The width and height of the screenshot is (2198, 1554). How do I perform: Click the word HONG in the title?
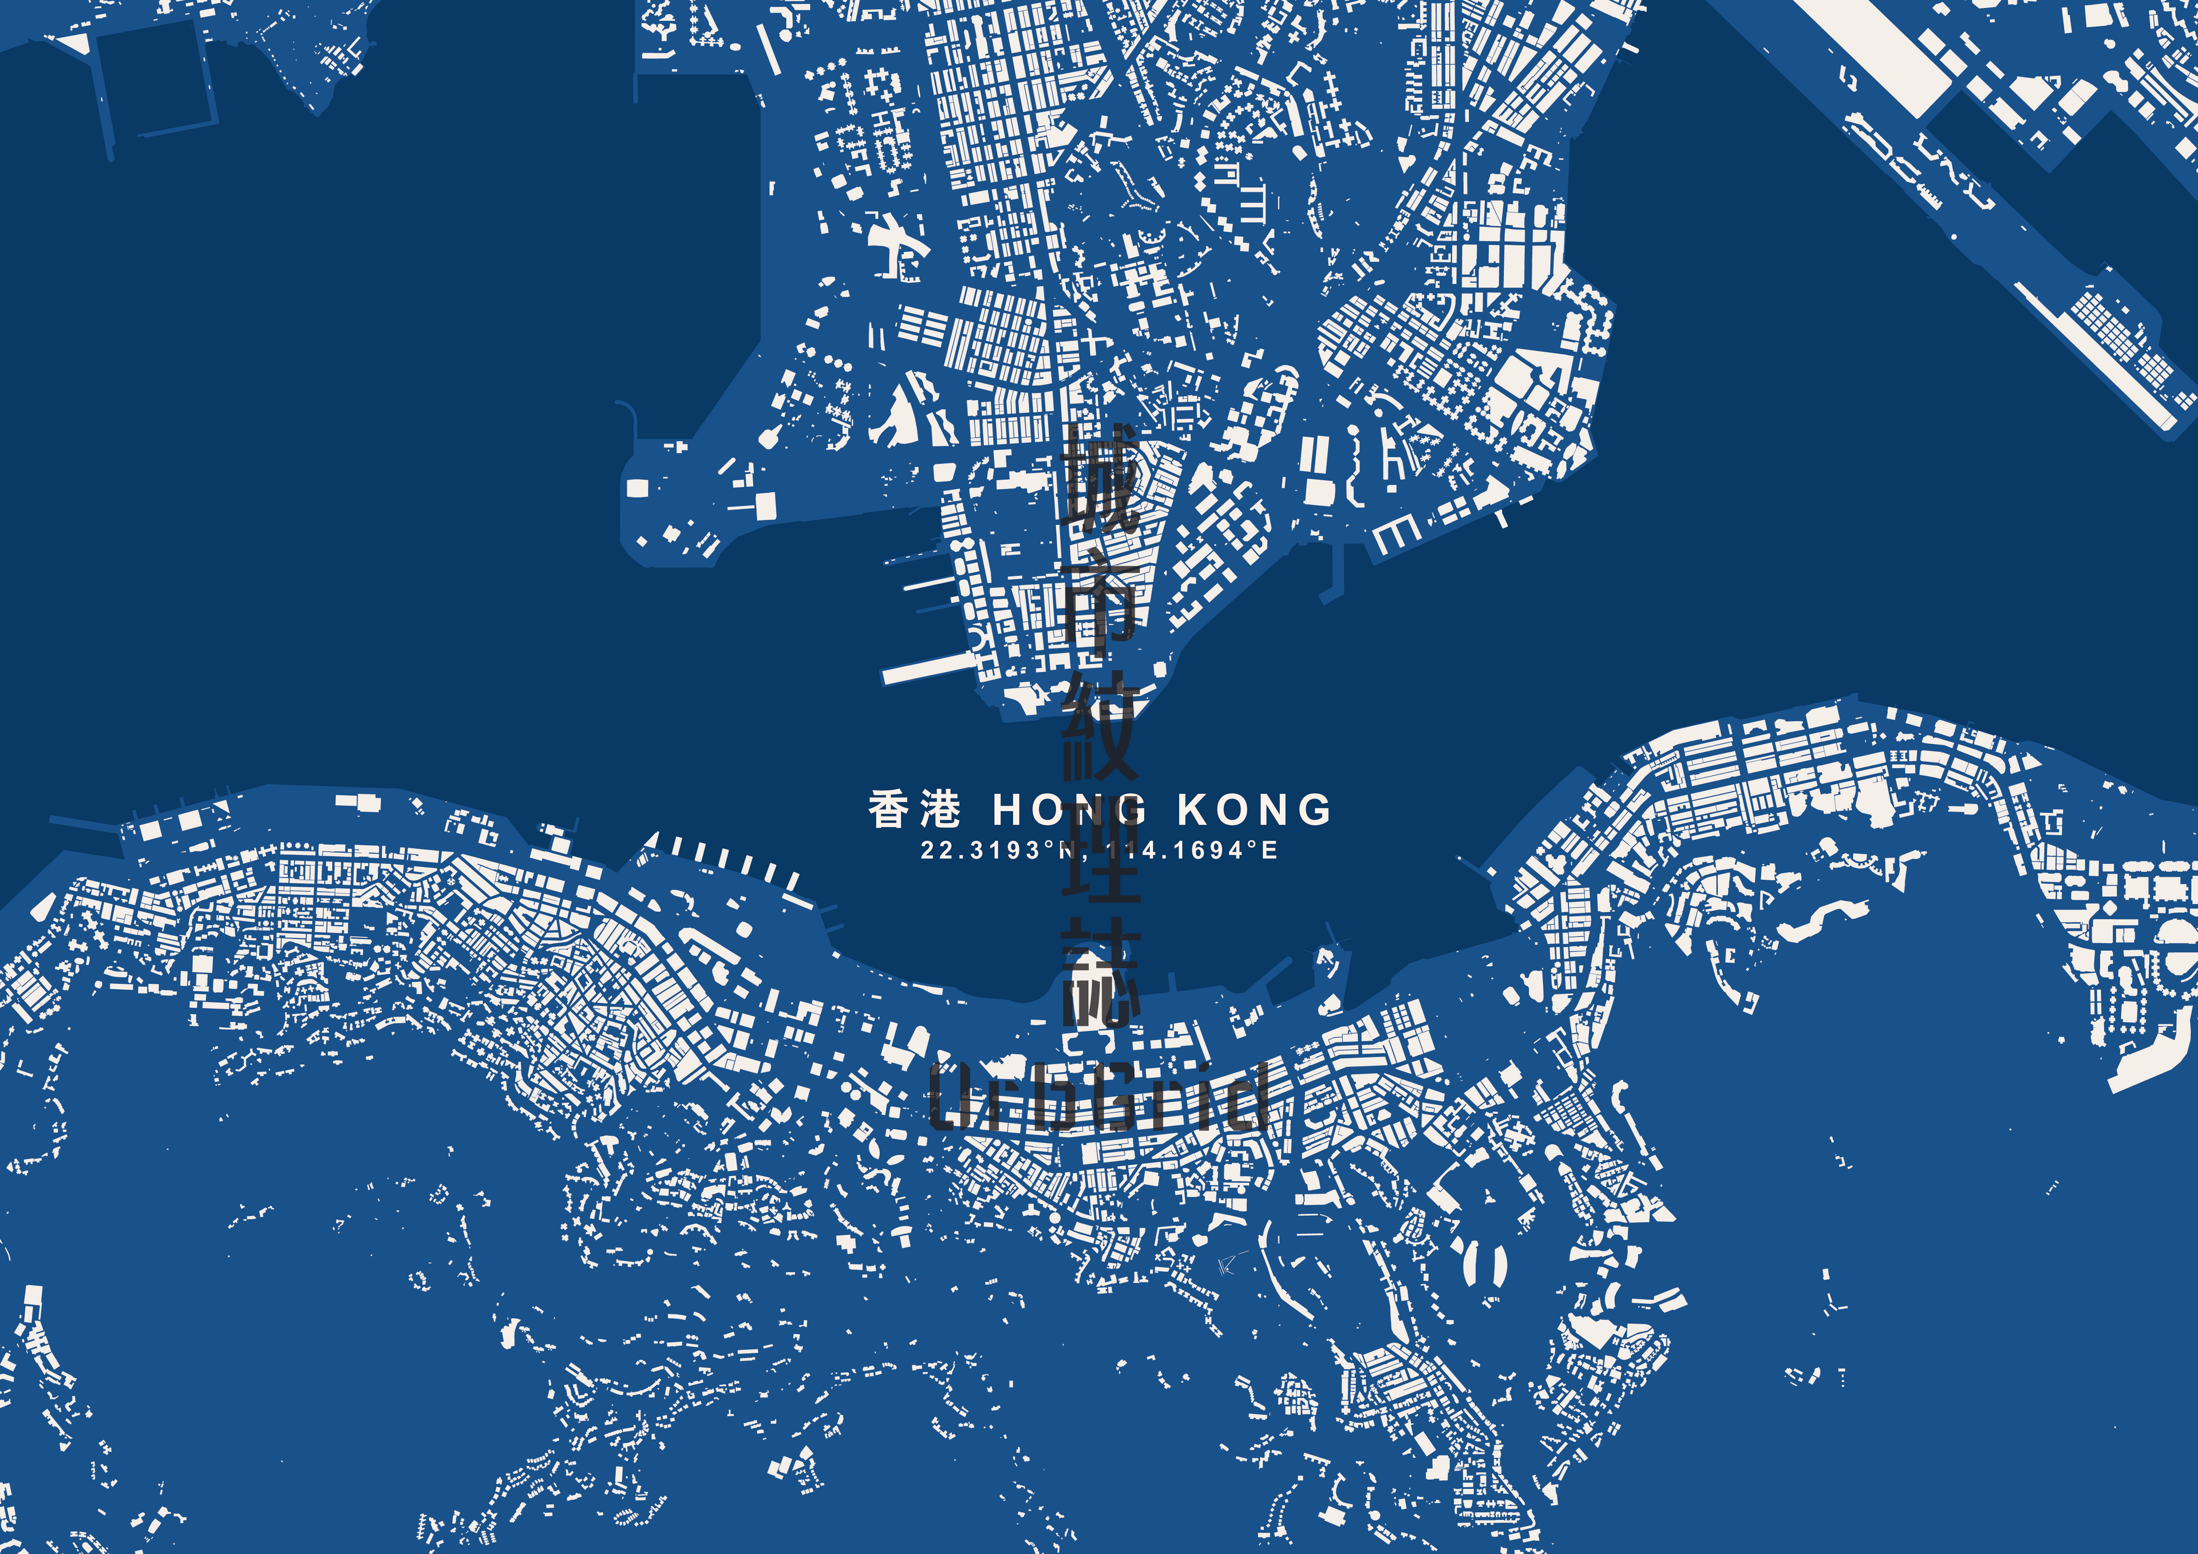coord(1068,810)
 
